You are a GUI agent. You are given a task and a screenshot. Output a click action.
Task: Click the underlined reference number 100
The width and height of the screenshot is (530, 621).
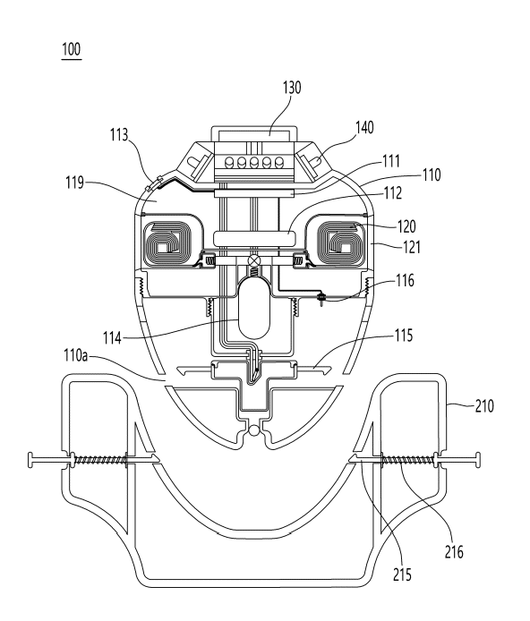[x=72, y=50]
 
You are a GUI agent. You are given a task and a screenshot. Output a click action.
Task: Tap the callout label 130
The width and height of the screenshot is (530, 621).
[x=292, y=88]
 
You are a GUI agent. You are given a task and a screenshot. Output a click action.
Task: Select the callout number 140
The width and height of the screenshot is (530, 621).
[x=364, y=128]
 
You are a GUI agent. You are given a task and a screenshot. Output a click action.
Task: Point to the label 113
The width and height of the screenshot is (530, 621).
[x=119, y=135]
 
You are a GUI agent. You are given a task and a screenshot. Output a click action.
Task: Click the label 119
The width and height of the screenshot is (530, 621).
[x=75, y=183]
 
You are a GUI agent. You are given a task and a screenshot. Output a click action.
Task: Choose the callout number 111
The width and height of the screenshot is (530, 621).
[x=391, y=161]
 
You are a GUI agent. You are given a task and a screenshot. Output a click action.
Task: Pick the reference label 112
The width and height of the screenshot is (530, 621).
[x=392, y=193]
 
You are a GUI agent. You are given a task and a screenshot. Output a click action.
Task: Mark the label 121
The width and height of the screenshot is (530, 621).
[x=412, y=248]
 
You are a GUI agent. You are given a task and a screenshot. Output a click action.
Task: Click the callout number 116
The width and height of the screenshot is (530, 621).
[x=406, y=281]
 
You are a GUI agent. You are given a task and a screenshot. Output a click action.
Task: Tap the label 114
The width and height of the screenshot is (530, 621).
[x=112, y=338]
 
